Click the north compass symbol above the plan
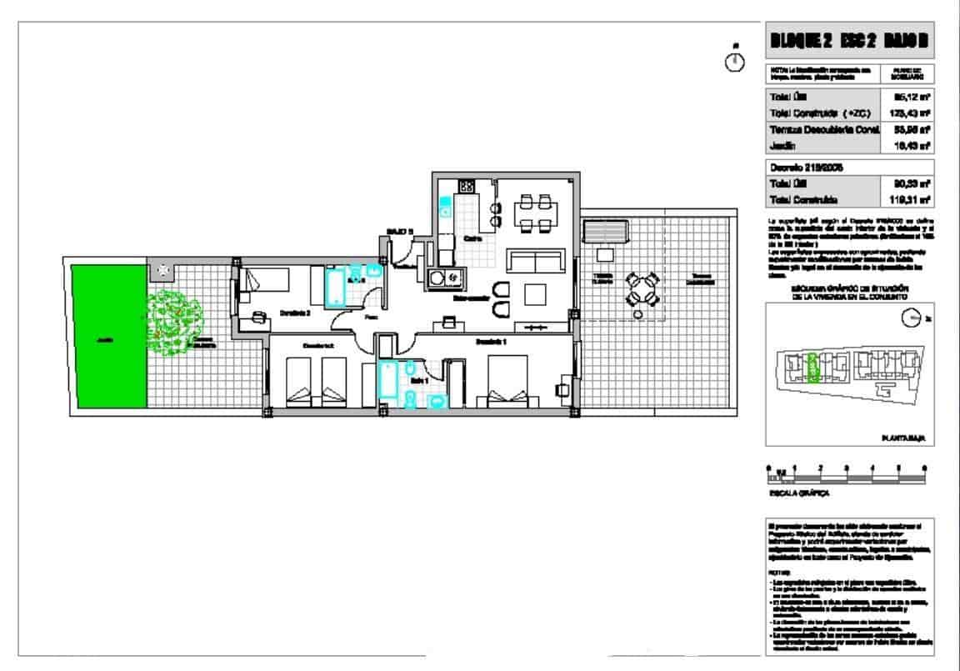734,62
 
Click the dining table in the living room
537,212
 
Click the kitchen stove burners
466,187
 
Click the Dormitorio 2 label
295,313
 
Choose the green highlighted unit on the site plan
815,363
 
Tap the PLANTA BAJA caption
905,437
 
